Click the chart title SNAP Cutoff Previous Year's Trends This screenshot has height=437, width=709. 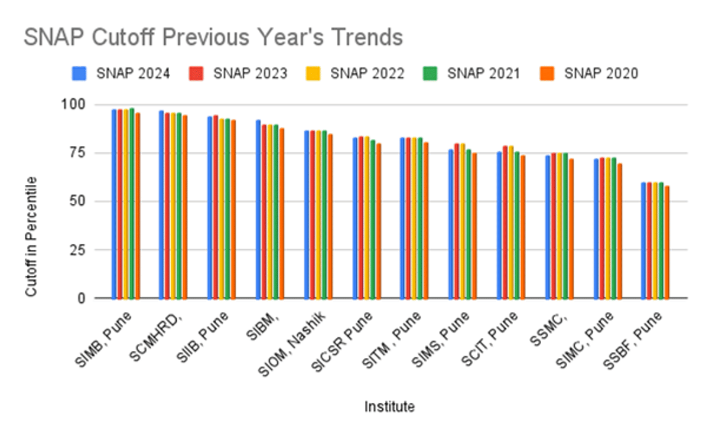213,38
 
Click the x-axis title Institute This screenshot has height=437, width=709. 389,406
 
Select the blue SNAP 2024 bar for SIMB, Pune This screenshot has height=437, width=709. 114,204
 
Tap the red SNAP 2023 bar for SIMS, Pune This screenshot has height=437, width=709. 456,221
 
